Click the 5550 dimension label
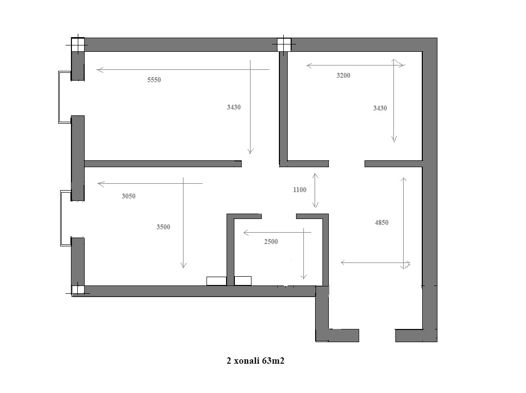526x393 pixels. click(x=154, y=80)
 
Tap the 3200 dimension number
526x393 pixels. click(x=343, y=75)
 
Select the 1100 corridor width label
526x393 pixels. click(x=299, y=190)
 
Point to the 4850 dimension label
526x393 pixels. click(x=382, y=222)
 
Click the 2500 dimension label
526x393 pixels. click(x=271, y=241)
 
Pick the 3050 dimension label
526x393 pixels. click(x=129, y=196)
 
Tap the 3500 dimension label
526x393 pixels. click(x=163, y=227)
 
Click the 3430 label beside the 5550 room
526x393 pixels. click(x=233, y=107)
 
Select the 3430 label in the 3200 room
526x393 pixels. click(x=380, y=108)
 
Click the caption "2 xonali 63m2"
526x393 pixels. click(x=255, y=361)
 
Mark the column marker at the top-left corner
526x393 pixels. click(x=78, y=44)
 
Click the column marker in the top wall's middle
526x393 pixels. click(x=284, y=44)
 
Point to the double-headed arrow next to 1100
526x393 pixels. click(x=315, y=190)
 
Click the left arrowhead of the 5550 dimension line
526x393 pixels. click(x=100, y=70)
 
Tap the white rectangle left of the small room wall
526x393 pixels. click(x=216, y=281)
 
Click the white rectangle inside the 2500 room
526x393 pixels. click(x=243, y=281)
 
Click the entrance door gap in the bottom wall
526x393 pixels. click(x=377, y=335)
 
